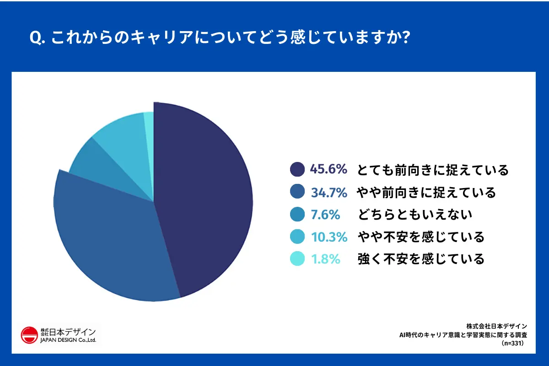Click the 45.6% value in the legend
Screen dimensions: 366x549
328,169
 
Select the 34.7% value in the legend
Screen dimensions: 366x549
328,193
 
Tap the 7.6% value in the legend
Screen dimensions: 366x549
325,215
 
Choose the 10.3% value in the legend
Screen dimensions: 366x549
328,237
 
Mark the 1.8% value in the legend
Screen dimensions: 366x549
325,259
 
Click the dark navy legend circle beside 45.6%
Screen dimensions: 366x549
297,170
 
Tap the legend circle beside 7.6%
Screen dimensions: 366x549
297,215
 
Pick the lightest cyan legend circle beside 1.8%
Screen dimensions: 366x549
297,259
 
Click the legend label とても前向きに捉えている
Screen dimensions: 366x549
433,170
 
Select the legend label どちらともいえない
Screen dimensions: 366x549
415,215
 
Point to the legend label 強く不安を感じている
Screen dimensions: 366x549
420,259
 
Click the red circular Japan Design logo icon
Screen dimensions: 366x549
29,335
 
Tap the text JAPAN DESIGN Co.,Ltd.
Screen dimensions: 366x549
68,340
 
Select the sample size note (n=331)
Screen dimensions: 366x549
512,342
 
